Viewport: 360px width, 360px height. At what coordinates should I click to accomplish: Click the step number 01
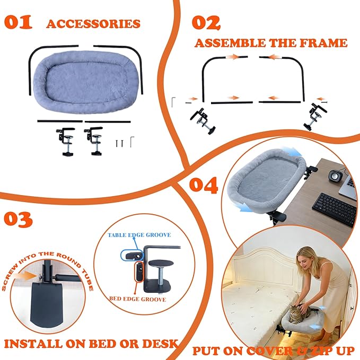point(18,22)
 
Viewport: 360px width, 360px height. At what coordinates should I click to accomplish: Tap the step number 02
point(206,23)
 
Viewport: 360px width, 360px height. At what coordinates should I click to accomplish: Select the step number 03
point(18,219)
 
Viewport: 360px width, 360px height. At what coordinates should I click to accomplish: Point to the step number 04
point(204,185)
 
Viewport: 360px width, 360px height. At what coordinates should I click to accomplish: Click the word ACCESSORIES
point(93,24)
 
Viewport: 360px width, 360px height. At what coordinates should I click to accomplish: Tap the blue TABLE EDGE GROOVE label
point(139,235)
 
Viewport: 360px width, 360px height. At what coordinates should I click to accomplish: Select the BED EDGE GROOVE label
point(137,299)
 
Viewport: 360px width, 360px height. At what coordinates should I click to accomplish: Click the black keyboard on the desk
point(335,209)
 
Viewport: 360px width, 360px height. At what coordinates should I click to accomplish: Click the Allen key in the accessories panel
point(132,142)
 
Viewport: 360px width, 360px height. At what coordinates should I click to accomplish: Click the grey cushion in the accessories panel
point(85,82)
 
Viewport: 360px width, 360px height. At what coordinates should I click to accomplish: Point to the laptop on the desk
point(348,187)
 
